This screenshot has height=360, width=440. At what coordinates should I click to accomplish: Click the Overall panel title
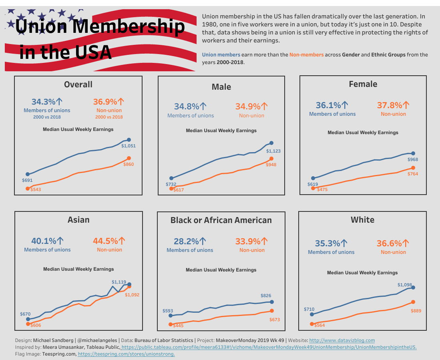[x=78, y=84]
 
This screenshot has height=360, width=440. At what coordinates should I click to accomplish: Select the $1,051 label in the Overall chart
[x=129, y=146]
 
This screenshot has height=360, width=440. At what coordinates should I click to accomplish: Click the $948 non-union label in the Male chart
[x=271, y=165]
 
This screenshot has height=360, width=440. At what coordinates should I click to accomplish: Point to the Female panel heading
[x=363, y=84]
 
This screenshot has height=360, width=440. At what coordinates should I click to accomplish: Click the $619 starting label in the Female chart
[x=313, y=185]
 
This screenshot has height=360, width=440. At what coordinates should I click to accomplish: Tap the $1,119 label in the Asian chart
[x=119, y=282]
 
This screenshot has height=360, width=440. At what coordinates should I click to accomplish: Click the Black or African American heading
[x=221, y=220]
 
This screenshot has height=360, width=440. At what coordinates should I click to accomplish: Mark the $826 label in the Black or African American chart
[x=266, y=296]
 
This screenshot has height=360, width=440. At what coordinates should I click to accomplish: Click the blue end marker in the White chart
[x=413, y=288]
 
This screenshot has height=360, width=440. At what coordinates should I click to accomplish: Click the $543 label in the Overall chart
[x=36, y=189]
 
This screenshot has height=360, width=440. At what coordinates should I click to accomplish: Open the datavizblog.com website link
[x=342, y=340]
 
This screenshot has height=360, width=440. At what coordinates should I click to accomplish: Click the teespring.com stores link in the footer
[x=126, y=354]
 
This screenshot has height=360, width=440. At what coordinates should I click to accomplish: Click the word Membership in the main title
[x=129, y=27]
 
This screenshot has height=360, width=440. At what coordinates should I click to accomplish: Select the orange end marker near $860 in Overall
[x=129, y=159]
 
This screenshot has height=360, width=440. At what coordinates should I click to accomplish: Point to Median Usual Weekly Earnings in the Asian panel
[x=78, y=269]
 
